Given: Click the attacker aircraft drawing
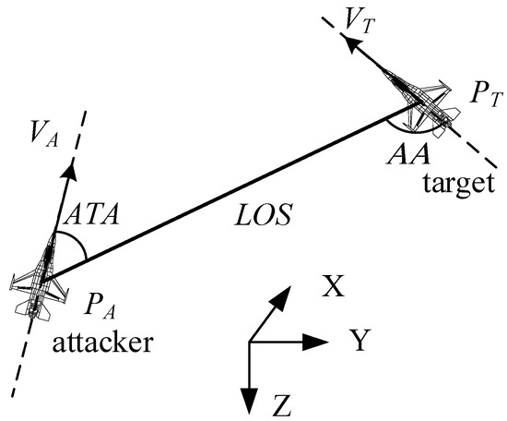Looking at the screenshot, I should (38, 282).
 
